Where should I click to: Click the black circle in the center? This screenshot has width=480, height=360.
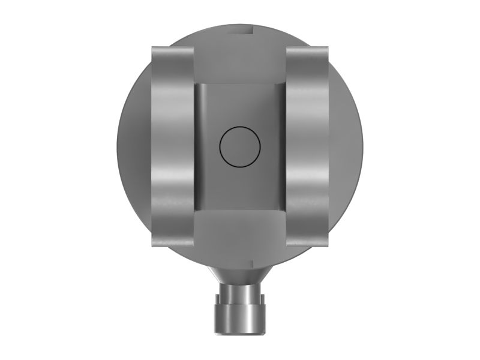point(240,146)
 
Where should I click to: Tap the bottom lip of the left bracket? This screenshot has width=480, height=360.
point(172,242)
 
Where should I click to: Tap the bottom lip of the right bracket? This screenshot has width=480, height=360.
point(308,242)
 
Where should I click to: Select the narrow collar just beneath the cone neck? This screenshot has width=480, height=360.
point(240,289)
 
